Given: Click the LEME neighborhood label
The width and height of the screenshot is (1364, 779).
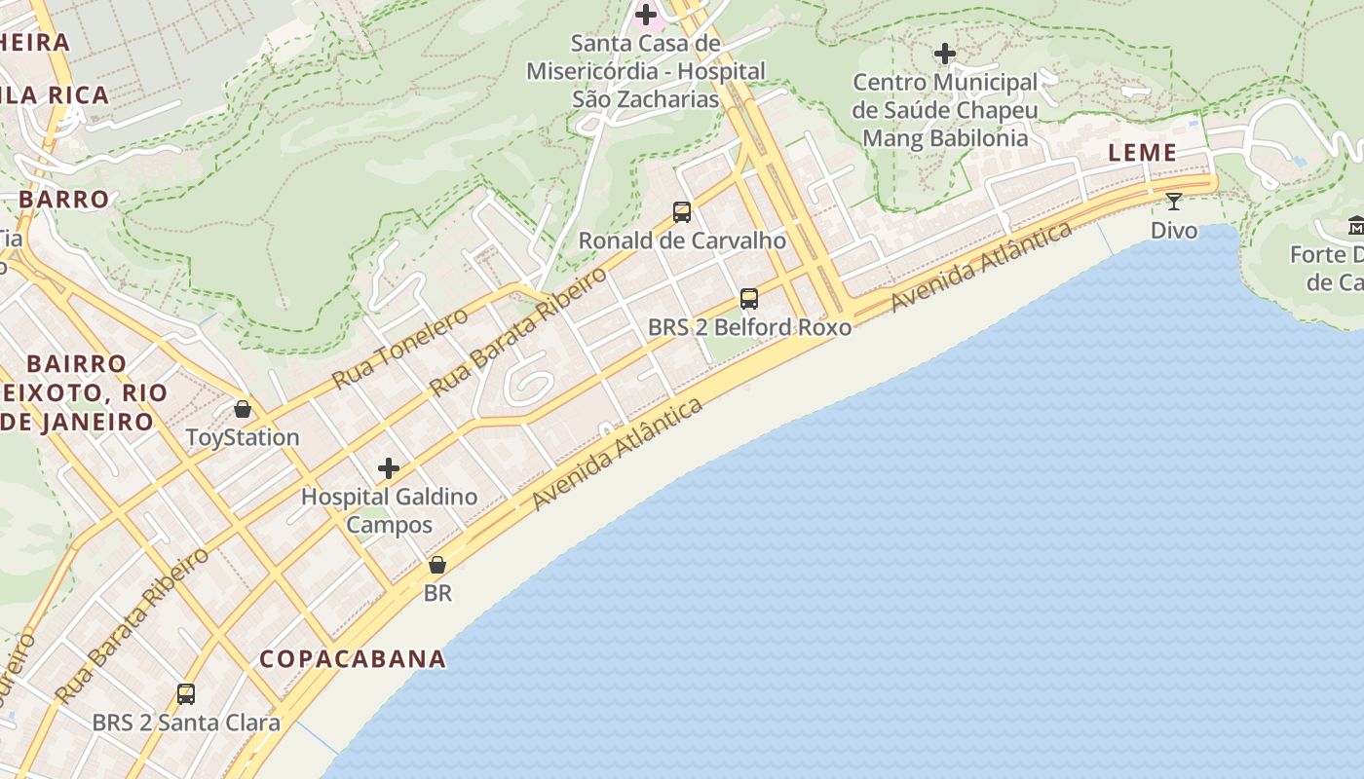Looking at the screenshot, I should click(1142, 153).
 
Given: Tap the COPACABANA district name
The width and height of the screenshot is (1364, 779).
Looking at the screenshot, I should click(353, 659).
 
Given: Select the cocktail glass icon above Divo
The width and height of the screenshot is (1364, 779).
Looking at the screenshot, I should click(1173, 202).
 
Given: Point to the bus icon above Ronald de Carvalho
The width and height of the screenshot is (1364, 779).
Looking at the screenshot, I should click(682, 211).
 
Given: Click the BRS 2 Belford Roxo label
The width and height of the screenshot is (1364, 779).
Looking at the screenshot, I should click(749, 327).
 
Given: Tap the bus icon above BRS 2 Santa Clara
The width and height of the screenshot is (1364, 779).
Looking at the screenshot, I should click(186, 694).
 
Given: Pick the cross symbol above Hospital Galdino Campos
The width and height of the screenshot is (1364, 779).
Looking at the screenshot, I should click(389, 468).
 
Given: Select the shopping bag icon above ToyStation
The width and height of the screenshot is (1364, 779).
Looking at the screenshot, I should click(243, 409).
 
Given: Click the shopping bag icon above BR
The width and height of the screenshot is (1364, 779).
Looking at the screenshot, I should click(437, 565).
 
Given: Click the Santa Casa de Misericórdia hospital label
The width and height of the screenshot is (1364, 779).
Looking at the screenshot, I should click(645, 71).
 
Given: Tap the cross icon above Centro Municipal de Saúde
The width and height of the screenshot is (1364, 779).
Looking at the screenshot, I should click(944, 54).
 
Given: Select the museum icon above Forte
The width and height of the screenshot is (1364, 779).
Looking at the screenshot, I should click(1355, 227).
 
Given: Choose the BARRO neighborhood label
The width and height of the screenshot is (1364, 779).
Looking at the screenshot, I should click(63, 200).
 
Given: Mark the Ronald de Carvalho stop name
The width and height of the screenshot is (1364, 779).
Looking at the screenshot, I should click(682, 241).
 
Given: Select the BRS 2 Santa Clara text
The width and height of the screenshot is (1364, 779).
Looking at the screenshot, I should click(186, 723).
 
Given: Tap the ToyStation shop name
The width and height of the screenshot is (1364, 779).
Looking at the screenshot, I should click(243, 437).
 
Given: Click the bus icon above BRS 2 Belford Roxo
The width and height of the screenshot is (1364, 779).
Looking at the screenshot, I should click(748, 299).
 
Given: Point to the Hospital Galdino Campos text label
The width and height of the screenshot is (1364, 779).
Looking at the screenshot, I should click(389, 510).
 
